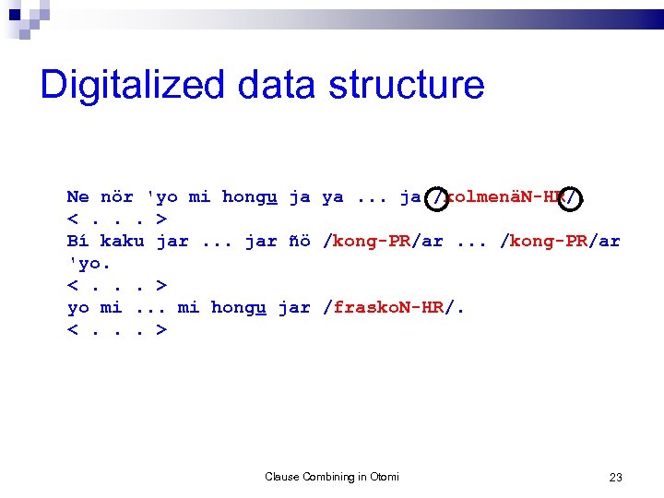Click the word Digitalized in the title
pyautogui.click(x=132, y=85)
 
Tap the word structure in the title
pyautogui.click(x=407, y=85)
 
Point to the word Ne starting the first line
pyautogui.click(x=77, y=196)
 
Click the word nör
pyautogui.click(x=117, y=196)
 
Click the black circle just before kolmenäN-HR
pyautogui.click(x=439, y=196)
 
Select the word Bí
pyautogui.click(x=77, y=241)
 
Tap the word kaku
pyautogui.click(x=123, y=241)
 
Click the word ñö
pyautogui.click(x=300, y=241)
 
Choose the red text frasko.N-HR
pyautogui.click(x=388, y=307)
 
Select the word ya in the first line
pyautogui.click(x=333, y=196)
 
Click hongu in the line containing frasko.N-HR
pyautogui.click(x=239, y=307)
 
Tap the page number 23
pyautogui.click(x=616, y=477)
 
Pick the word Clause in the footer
pyautogui.click(x=282, y=477)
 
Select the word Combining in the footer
pyautogui.click(x=328, y=477)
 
